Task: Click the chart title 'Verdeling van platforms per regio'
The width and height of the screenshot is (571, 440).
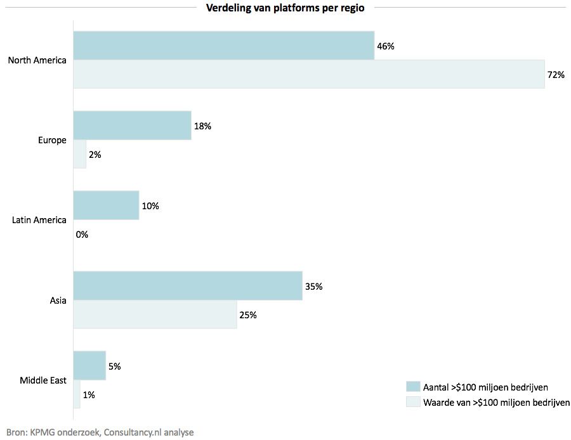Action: coord(285,8)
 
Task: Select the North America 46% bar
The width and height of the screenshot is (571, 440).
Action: coord(223,46)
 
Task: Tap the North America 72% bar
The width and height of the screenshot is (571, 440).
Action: coord(308,74)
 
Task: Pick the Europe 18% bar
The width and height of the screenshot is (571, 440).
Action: coord(132,126)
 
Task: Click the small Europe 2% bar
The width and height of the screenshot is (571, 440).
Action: coord(80,154)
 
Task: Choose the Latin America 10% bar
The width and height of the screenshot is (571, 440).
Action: coord(106,205)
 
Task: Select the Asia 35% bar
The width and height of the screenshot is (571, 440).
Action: coord(188,286)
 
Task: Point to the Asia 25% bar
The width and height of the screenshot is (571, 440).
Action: coord(155,314)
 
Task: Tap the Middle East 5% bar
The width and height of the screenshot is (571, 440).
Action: coord(89,366)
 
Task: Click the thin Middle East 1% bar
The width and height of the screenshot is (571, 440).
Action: coord(77,394)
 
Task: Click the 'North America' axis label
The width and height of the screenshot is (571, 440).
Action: coord(37,60)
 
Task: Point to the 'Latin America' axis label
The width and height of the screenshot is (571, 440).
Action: coord(39,220)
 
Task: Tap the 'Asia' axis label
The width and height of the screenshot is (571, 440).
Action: coord(58,301)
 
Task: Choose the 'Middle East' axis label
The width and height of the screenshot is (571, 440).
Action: coord(43,380)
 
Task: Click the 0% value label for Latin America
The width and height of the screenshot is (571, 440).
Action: coord(82,235)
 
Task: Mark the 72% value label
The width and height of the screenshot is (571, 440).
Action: coord(555,75)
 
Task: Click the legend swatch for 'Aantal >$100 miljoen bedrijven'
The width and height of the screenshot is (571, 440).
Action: coord(413,387)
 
